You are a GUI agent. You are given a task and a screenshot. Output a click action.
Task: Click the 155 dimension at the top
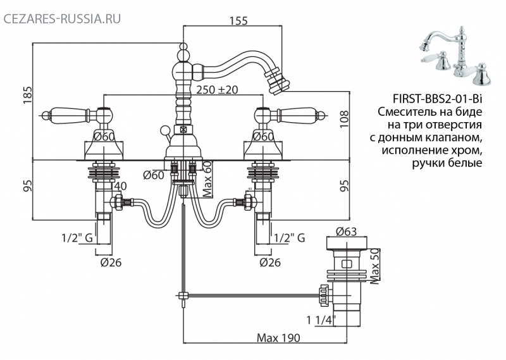238,21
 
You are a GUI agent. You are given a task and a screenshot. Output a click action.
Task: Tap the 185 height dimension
28,96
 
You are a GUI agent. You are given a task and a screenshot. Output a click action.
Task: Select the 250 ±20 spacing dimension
217,89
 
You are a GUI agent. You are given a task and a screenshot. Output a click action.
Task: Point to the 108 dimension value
344,119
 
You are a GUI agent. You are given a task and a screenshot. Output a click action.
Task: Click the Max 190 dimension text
278,338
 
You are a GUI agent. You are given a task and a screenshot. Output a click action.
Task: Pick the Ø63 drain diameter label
346,232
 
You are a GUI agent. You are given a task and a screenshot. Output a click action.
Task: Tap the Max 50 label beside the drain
374,266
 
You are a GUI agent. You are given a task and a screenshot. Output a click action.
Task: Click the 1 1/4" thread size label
321,320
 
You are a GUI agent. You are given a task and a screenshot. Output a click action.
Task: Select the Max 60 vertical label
207,179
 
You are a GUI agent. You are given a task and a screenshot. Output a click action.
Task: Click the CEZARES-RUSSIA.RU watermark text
62,19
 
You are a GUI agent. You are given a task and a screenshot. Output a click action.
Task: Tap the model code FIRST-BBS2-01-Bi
438,99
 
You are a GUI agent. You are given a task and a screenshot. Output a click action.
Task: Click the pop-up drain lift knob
164,130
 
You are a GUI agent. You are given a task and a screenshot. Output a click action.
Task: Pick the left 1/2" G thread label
77,238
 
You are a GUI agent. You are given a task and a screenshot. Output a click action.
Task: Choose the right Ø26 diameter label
270,263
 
